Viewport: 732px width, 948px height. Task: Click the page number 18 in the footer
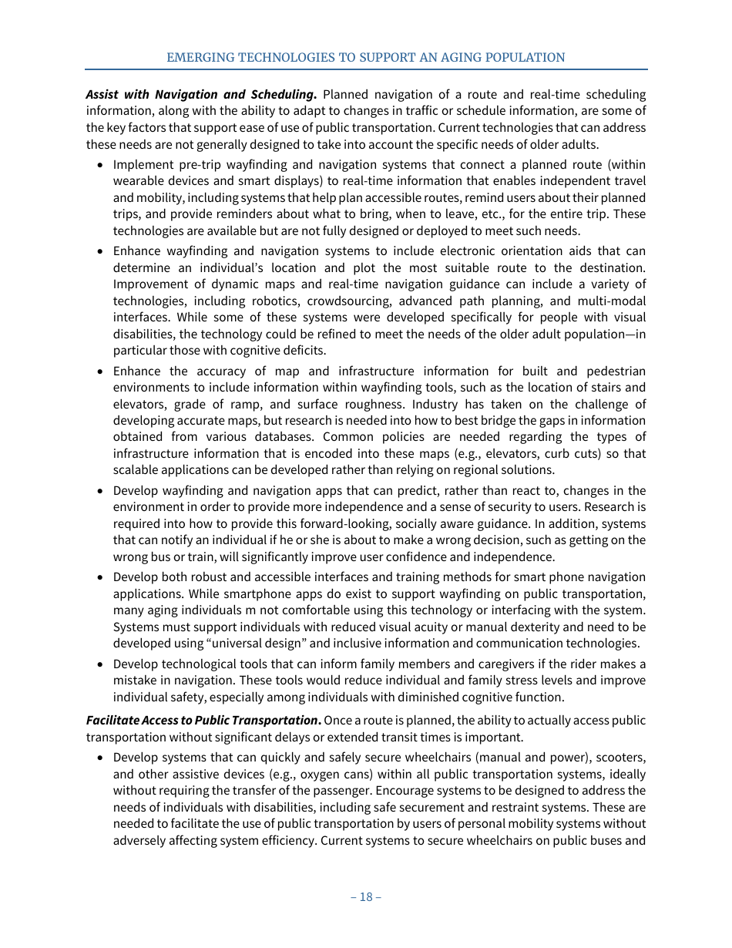(366, 897)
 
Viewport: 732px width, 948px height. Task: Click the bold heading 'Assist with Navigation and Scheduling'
(201, 95)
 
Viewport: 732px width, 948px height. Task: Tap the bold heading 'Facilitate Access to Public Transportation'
(203, 721)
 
